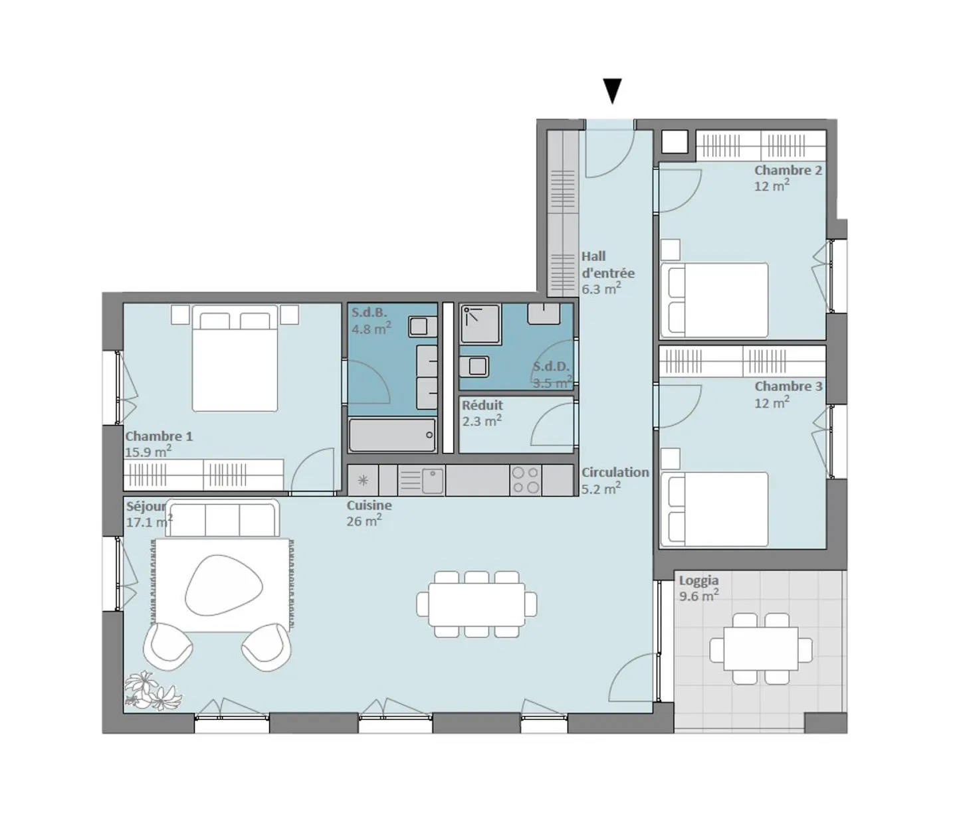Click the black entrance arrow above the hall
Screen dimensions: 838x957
pyautogui.click(x=611, y=90)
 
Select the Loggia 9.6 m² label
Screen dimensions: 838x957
pyautogui.click(x=698, y=588)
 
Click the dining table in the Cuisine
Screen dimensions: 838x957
pyautogui.click(x=477, y=605)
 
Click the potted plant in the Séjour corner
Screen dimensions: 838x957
pyautogui.click(x=152, y=691)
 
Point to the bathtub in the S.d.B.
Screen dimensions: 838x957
pyautogui.click(x=392, y=436)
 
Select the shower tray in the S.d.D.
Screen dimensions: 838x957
pyautogui.click(x=478, y=324)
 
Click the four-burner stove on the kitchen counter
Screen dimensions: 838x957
pyautogui.click(x=525, y=481)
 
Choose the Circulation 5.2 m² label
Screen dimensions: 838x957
pyautogui.click(x=614, y=480)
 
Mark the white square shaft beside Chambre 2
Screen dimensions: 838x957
pyautogui.click(x=675, y=142)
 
